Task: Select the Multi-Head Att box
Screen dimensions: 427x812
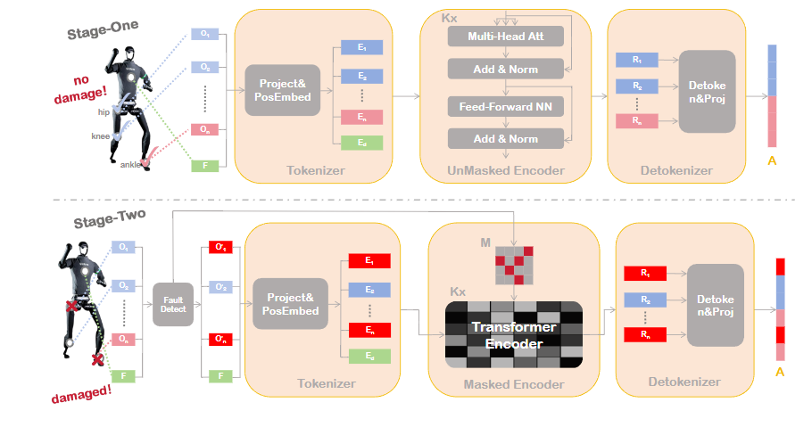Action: coord(506,36)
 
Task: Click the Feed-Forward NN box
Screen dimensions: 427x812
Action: coord(506,106)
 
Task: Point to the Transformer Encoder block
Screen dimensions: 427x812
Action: coord(513,335)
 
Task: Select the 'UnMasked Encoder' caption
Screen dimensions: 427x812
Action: coord(507,168)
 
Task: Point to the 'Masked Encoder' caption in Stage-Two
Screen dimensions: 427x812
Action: coord(513,384)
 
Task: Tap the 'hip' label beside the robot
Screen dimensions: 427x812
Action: coord(104,112)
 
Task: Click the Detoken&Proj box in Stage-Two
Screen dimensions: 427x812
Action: coord(715,306)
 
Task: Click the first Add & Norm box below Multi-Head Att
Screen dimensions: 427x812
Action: coord(506,69)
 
